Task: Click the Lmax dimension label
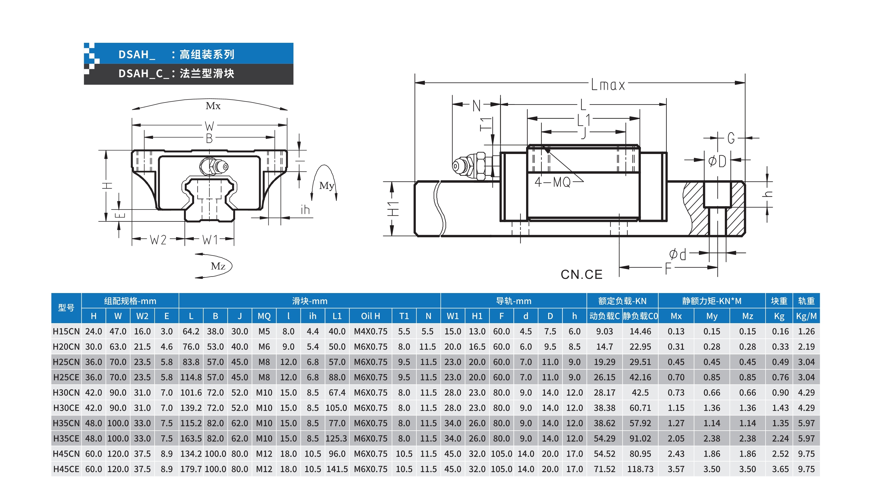tap(608, 85)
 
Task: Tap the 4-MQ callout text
tap(552, 182)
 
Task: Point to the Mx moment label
tap(213, 106)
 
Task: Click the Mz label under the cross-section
tap(218, 266)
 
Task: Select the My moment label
tap(327, 186)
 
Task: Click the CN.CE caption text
tap(582, 275)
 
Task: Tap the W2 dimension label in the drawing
tap(158, 240)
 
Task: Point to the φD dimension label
tap(717, 161)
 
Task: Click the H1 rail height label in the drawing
tap(393, 208)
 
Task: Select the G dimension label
tap(731, 138)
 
